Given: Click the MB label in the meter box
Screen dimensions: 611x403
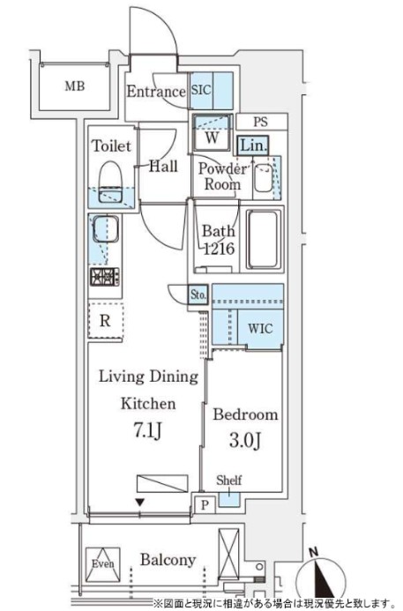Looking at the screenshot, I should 73,86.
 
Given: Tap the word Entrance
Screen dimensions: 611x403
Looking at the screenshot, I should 155,92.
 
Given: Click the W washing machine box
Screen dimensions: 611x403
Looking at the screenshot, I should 213,137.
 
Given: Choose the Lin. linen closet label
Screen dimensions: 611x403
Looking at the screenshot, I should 251,145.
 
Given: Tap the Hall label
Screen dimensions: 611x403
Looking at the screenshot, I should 162,166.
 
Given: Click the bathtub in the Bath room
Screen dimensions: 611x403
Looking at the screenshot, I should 262,240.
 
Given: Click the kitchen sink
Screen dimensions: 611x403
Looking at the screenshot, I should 106,231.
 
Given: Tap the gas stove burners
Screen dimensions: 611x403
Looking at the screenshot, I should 105,278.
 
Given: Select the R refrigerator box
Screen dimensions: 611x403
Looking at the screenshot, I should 105,321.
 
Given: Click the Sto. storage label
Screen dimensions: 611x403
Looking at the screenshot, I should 198,295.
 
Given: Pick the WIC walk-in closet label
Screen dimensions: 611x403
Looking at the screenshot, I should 260,329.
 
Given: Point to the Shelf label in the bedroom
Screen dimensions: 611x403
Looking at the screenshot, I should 229,481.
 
